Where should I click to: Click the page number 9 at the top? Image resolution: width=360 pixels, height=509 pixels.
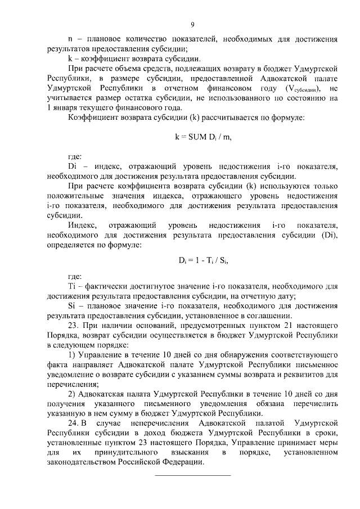click(192, 24)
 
